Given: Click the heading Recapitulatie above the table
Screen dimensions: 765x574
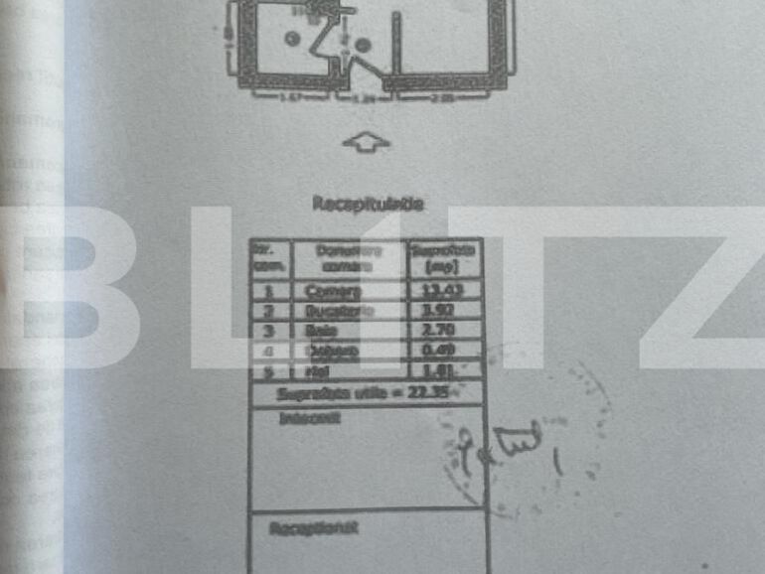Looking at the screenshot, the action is tap(369, 204).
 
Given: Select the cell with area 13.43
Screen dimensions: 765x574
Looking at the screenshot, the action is tap(445, 290).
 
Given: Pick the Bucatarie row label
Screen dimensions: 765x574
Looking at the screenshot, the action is tap(334, 311).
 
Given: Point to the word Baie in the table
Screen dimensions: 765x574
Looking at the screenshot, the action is tap(320, 330).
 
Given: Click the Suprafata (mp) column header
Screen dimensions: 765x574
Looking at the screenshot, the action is tap(445, 259).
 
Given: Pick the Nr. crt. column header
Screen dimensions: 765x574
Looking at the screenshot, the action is tap(267, 259).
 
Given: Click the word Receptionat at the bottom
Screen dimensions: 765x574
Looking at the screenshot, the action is tap(313, 528).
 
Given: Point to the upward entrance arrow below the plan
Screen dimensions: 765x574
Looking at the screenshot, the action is tap(366, 143).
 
